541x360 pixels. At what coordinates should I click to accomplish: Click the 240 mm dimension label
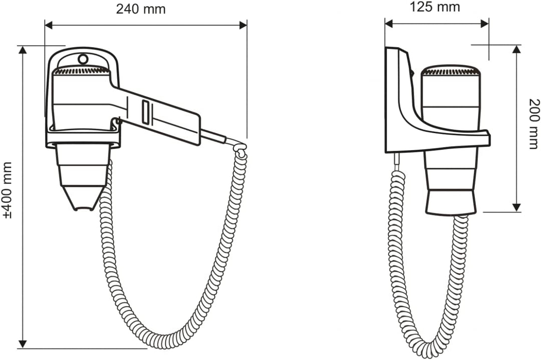[140, 10]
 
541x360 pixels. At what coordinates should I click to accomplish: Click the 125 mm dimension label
[435, 7]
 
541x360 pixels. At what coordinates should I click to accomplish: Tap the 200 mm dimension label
[533, 124]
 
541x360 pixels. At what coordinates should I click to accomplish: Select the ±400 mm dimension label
[7, 190]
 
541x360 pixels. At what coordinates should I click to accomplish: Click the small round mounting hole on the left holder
[83, 59]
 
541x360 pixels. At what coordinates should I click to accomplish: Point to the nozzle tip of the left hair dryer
[84, 208]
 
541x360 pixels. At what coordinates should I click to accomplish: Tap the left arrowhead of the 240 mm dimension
[49, 25]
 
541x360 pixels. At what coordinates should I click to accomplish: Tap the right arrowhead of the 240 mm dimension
[243, 25]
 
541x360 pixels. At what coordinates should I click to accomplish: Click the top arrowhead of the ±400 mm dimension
[23, 50]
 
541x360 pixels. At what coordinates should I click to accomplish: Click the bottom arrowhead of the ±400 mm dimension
[23, 344]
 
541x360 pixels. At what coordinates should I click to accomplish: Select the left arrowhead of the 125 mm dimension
[389, 24]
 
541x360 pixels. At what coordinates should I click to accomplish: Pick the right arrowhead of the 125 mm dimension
[484, 24]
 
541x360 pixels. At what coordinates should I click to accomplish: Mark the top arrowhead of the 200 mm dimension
[516, 49]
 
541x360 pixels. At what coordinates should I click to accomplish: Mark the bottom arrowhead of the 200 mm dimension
[516, 207]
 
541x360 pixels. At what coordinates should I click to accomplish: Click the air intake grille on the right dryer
[451, 72]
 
